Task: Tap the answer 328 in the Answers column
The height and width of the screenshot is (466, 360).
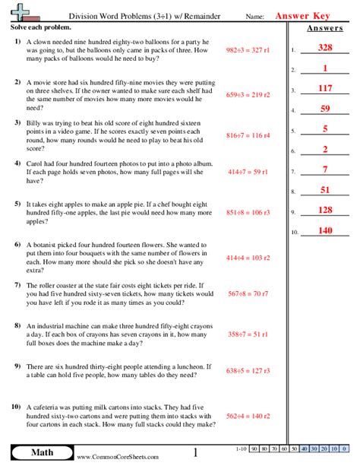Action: [325, 49]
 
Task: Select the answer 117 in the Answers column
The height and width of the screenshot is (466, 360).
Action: [325, 88]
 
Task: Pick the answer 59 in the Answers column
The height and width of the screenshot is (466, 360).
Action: [325, 109]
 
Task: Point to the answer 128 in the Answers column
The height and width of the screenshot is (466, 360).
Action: [325, 210]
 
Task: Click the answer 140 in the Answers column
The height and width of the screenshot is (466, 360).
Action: [325, 230]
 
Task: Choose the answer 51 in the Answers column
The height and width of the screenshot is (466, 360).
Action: [325, 189]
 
